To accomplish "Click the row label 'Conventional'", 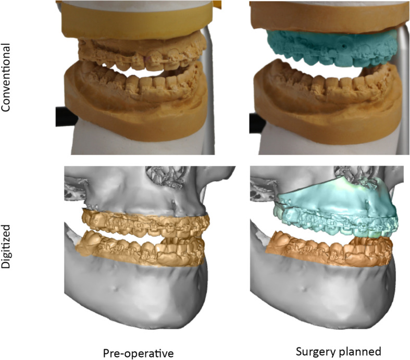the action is coord(7,78).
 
